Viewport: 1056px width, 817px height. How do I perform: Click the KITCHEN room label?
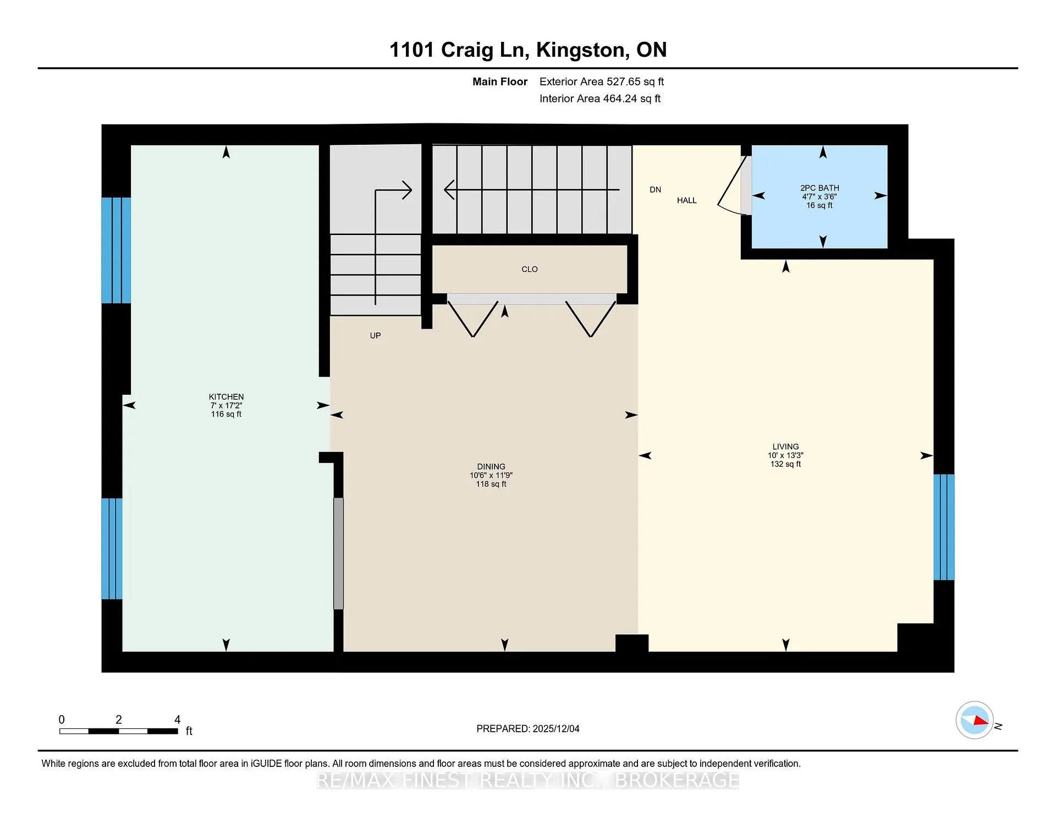point(226,396)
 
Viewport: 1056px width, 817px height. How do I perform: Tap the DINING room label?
point(491,466)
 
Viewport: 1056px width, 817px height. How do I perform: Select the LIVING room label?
point(785,446)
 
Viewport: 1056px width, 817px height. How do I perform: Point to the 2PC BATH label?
point(820,188)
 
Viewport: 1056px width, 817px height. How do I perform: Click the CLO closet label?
point(530,269)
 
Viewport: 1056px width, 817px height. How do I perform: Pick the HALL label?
point(687,200)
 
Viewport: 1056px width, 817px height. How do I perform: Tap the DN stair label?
point(655,189)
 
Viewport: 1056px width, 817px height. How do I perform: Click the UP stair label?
point(375,335)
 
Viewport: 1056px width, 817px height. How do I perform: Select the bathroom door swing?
point(732,185)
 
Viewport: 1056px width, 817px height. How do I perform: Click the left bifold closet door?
point(473,319)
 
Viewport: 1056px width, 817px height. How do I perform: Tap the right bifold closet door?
point(591,319)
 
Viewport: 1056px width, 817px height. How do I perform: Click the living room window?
point(944,527)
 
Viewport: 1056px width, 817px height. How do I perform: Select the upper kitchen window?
point(116,250)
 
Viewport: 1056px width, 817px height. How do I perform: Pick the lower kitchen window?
point(112,548)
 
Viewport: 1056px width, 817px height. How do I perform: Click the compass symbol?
point(975,720)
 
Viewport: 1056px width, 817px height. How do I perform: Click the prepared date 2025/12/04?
point(556,729)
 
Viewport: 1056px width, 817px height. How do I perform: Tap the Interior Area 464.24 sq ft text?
point(600,99)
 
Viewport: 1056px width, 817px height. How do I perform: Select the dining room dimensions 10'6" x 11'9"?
point(491,475)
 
